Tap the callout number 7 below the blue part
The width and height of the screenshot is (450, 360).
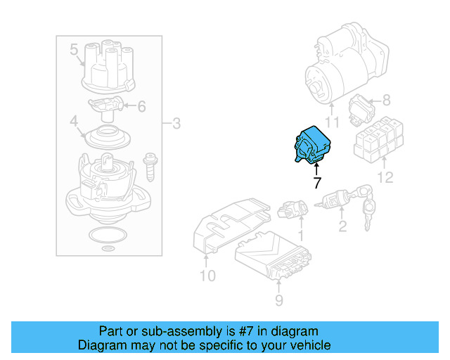[x=317, y=184]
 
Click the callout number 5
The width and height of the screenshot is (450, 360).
[x=74, y=50]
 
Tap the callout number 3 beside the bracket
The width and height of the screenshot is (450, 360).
[x=176, y=124]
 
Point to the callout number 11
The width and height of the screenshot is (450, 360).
[x=332, y=122]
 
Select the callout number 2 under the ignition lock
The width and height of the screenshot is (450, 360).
[x=342, y=226]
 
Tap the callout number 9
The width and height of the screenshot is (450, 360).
[x=278, y=301]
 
